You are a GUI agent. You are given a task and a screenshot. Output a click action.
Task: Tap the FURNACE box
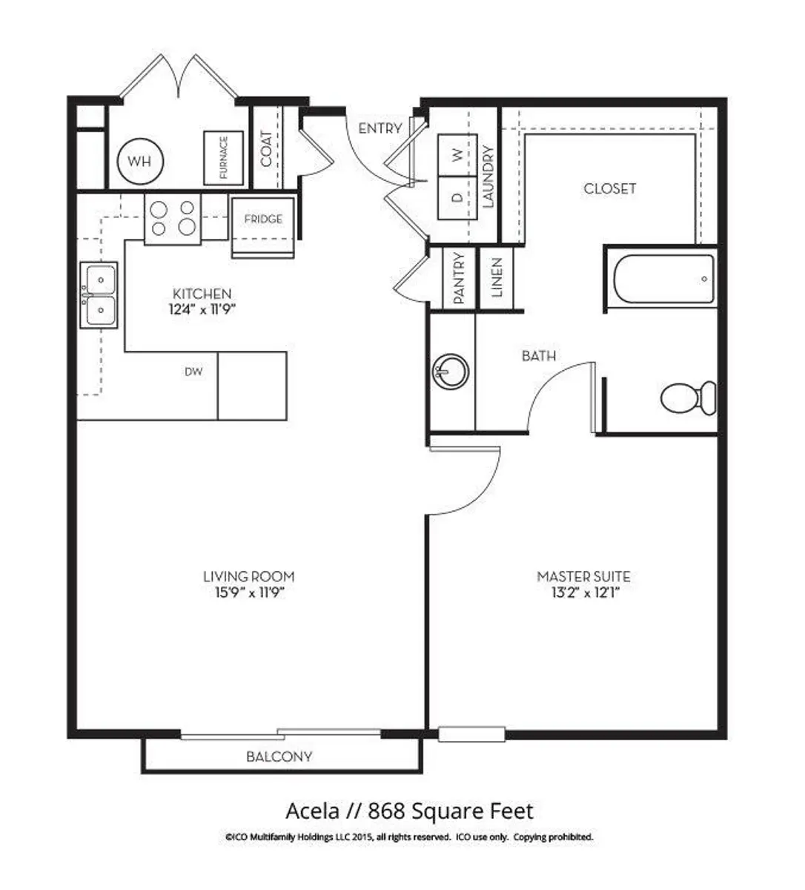(224, 158)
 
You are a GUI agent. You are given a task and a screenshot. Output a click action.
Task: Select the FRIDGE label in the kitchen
(263, 220)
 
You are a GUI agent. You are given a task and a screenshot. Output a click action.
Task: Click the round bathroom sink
(450, 372)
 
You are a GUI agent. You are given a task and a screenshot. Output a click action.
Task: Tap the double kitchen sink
(99, 295)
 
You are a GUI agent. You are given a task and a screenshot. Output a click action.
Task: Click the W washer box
(457, 155)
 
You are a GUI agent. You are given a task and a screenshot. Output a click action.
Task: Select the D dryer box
(457, 198)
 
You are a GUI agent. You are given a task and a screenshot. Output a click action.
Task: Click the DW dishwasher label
(193, 372)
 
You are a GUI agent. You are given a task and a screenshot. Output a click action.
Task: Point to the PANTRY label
(460, 278)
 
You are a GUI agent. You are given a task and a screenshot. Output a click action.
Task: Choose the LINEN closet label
(497, 277)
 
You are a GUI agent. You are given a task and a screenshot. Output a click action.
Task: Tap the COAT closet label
(266, 148)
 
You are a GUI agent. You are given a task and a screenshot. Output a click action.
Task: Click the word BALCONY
(279, 756)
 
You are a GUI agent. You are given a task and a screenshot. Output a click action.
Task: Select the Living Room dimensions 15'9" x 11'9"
(249, 593)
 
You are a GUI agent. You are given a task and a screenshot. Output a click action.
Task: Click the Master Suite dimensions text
(585, 593)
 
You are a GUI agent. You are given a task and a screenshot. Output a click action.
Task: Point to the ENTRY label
(380, 128)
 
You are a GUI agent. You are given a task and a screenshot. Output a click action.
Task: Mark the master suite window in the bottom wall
(472, 734)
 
